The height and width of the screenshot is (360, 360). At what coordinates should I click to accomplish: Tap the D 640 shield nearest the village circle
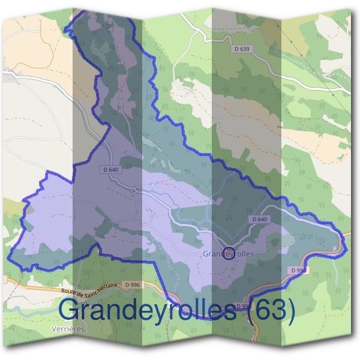click(259, 220)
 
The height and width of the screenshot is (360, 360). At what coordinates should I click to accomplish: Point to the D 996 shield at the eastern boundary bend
click(298, 271)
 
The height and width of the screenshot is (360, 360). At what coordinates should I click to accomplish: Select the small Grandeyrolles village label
click(228, 254)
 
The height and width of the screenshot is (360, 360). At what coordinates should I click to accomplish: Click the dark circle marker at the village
click(228, 254)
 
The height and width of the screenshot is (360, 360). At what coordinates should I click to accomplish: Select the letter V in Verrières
click(53, 329)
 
